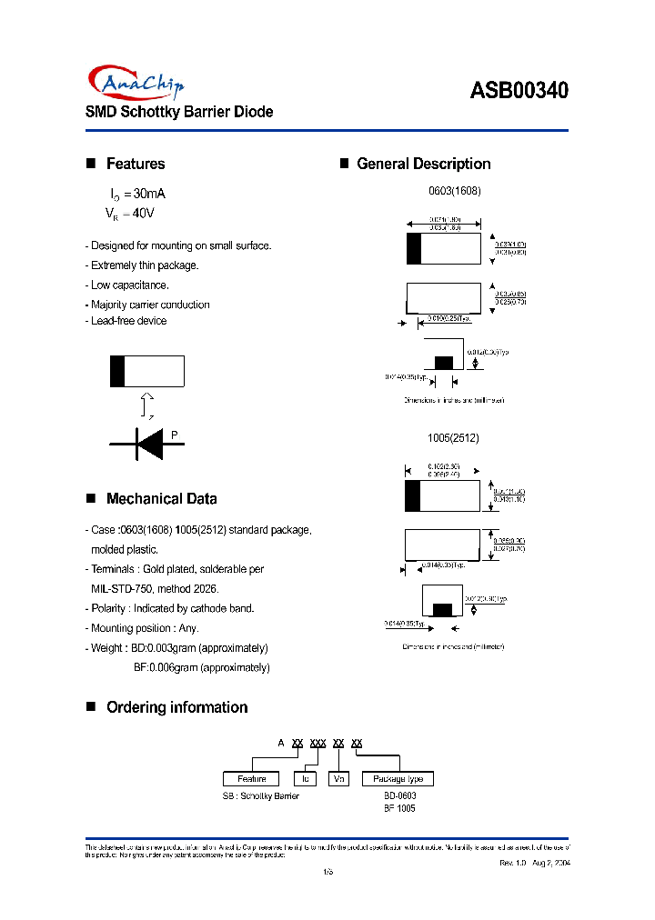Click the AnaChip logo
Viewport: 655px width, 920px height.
click(137, 83)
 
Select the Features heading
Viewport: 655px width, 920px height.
click(135, 164)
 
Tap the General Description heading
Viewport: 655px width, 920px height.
click(423, 164)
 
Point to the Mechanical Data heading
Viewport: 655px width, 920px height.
click(161, 498)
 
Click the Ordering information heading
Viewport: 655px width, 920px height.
click(176, 707)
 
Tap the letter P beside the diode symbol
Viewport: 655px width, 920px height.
click(175, 434)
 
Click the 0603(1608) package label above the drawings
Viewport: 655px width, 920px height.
click(454, 192)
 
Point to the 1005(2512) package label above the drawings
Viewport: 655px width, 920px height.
click(453, 438)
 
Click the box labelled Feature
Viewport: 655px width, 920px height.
click(252, 779)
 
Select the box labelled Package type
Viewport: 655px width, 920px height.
click(398, 779)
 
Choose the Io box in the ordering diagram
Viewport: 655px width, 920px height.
click(306, 779)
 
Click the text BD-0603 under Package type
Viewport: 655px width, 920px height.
click(399, 795)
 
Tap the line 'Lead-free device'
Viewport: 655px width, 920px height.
click(126, 321)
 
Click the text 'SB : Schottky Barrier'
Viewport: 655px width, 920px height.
click(261, 795)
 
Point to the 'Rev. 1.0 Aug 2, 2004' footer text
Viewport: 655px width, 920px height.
click(534, 863)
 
